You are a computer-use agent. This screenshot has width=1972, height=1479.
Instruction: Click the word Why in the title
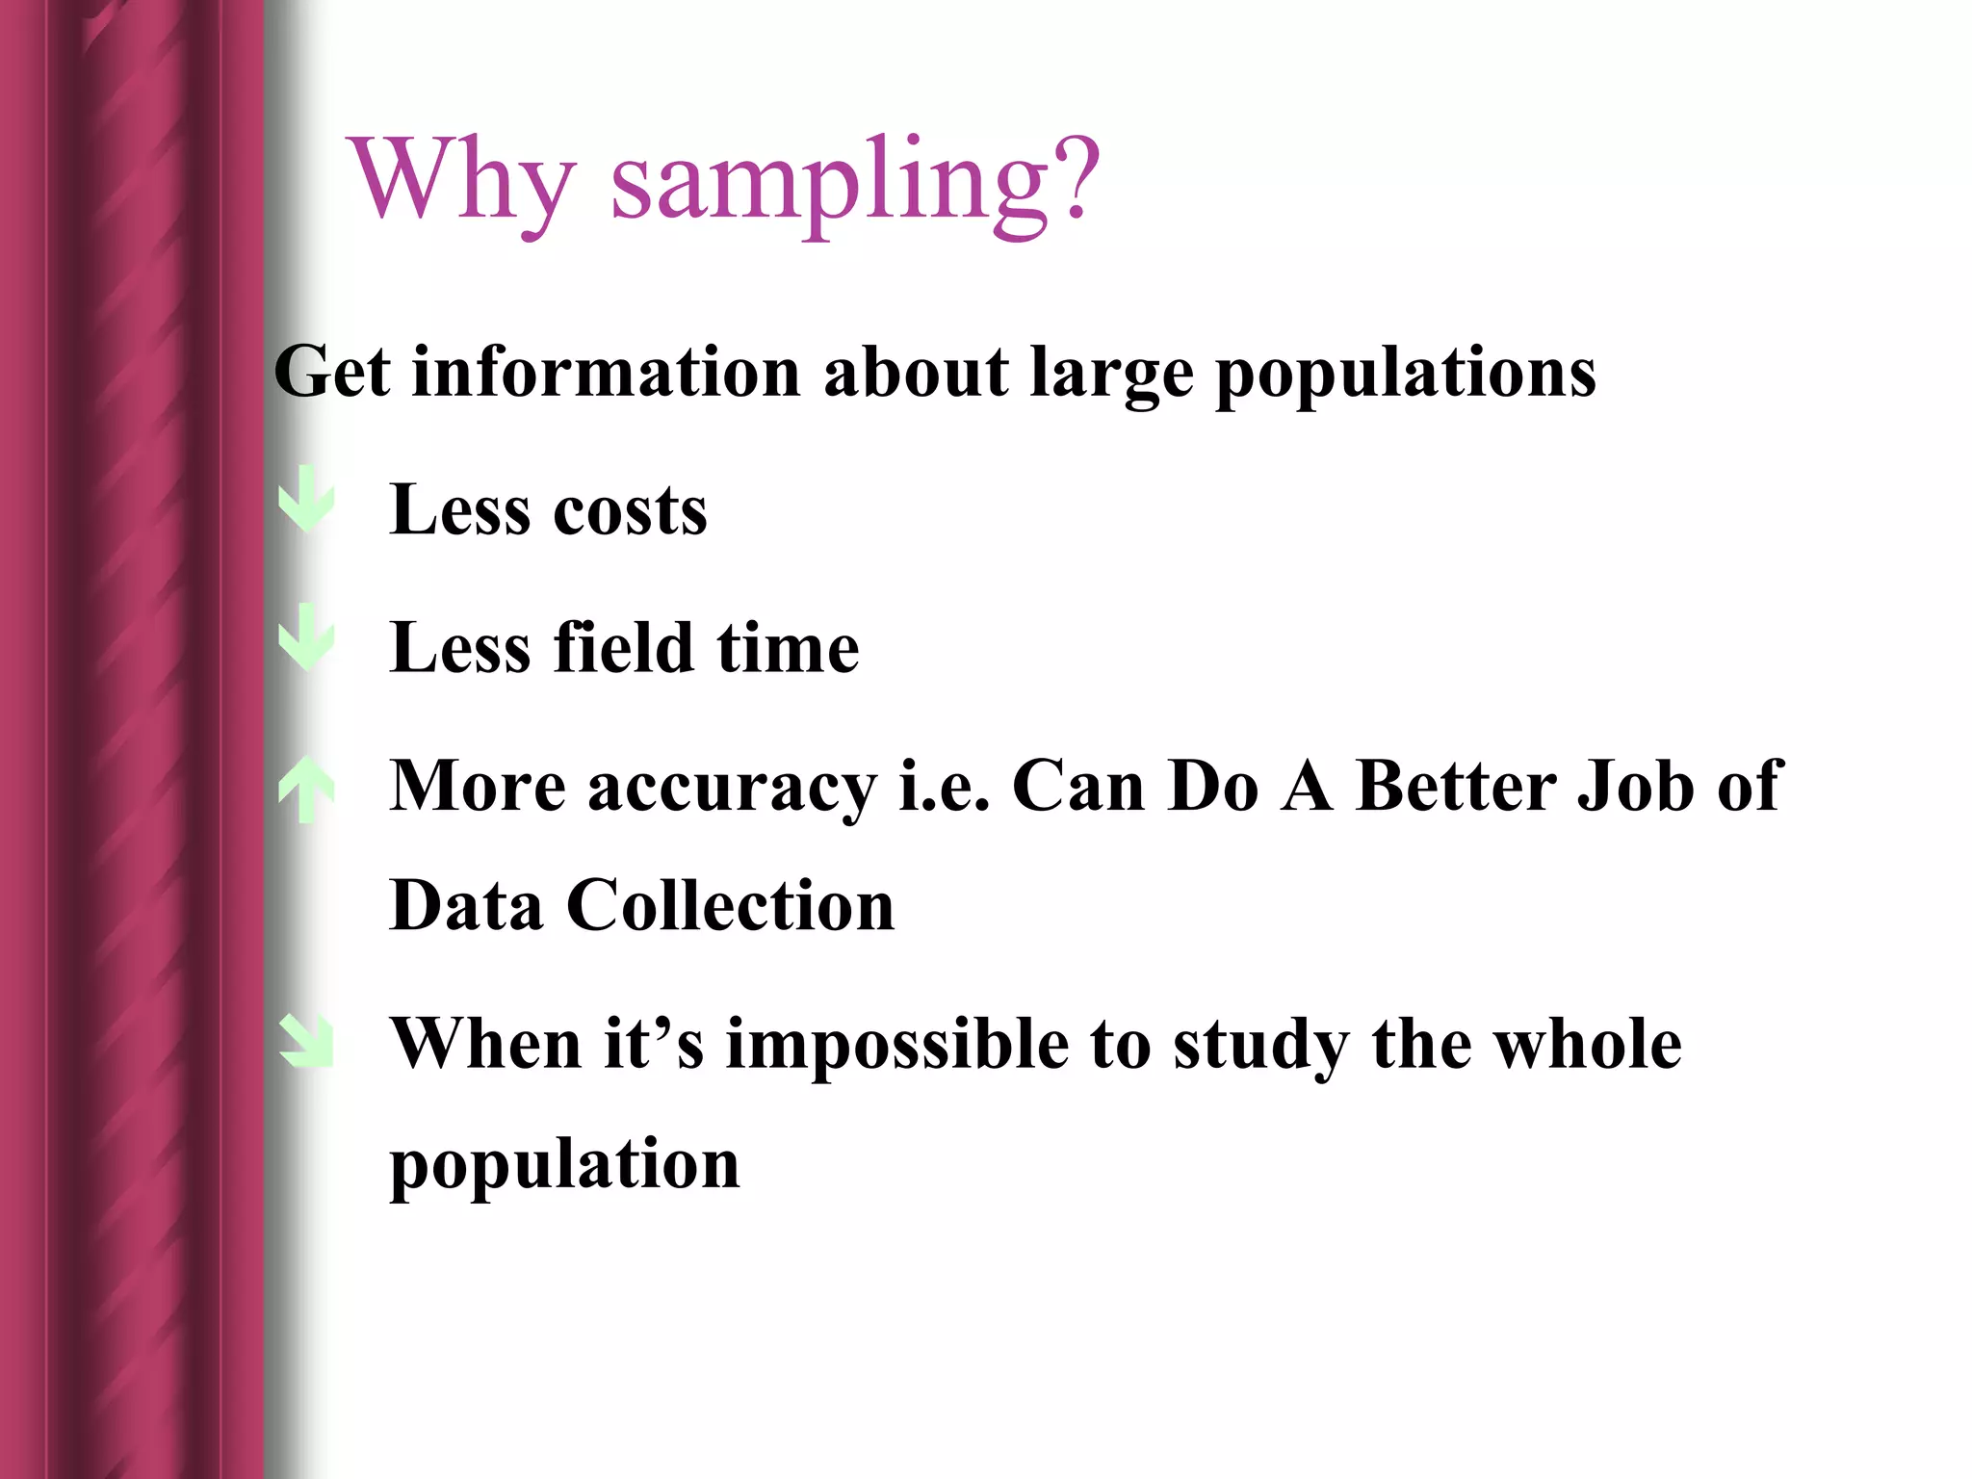click(x=463, y=180)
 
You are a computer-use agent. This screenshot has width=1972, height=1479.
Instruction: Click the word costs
click(x=630, y=510)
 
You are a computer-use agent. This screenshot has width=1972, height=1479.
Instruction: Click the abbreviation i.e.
click(x=944, y=786)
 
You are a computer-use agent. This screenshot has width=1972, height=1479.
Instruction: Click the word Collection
click(x=730, y=906)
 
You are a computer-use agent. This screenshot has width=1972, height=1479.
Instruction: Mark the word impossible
click(x=896, y=1047)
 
